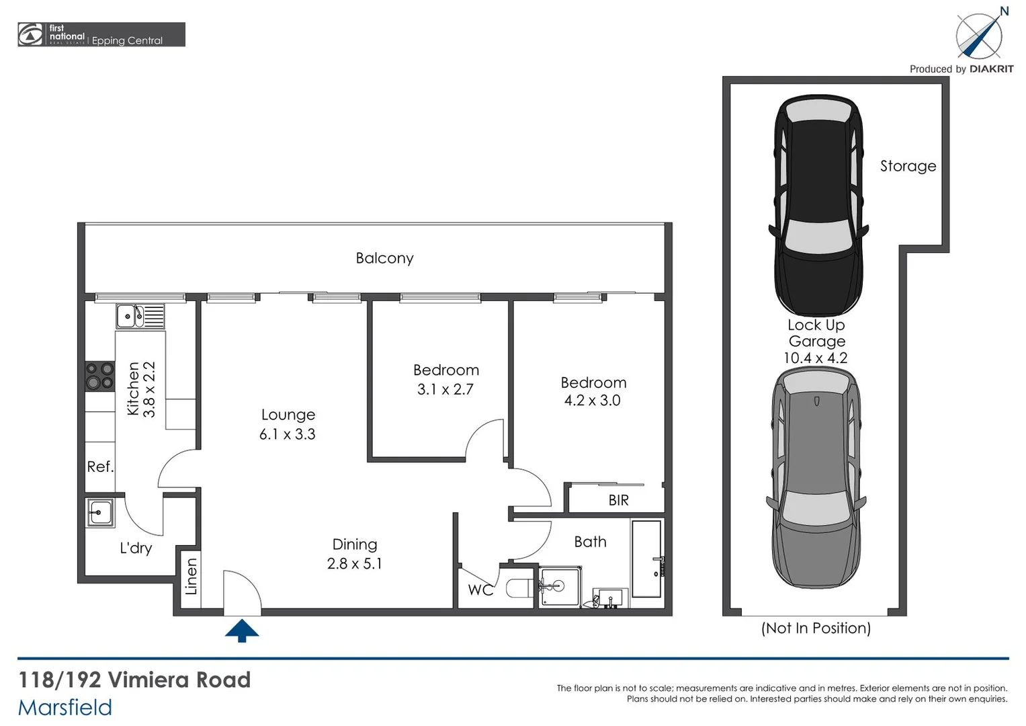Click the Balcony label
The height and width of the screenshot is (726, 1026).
click(x=384, y=258)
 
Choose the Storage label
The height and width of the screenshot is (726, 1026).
click(x=908, y=166)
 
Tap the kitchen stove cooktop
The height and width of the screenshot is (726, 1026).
click(x=99, y=376)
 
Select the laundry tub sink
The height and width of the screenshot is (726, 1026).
click(x=100, y=514)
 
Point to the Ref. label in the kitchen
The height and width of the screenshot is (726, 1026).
click(x=100, y=467)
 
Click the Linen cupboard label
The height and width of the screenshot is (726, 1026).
click(x=191, y=577)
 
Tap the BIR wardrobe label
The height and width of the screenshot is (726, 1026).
click(x=618, y=501)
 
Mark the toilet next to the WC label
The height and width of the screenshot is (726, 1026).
click(x=520, y=589)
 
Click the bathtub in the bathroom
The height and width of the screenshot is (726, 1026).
click(x=646, y=559)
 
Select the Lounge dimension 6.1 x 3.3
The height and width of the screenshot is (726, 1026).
click(x=288, y=434)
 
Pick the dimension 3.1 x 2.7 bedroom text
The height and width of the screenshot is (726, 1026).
click(x=445, y=390)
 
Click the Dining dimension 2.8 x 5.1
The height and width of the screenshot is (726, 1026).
click(x=354, y=564)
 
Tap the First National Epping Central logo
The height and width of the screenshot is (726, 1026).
click(x=101, y=35)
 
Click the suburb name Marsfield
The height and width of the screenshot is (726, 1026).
click(x=65, y=707)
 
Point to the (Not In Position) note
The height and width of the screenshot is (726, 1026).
click(x=816, y=628)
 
